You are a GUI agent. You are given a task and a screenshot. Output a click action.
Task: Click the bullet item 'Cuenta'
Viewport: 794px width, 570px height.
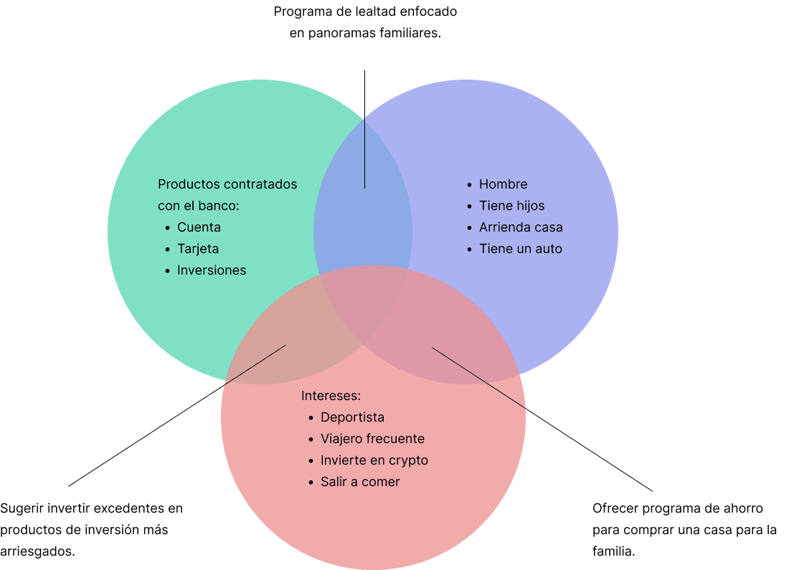199,227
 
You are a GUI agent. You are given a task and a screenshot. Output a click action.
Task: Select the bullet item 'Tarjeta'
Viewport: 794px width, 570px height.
198,249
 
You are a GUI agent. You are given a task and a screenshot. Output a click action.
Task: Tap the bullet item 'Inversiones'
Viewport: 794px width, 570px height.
212,270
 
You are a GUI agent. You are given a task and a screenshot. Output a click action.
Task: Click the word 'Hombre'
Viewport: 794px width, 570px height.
503,184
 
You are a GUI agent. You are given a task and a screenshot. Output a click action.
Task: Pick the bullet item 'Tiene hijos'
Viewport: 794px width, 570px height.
511,206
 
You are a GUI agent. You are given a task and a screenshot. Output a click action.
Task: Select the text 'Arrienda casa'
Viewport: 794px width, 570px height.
521,227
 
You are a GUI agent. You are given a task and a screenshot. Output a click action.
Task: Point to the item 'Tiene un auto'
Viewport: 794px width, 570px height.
520,249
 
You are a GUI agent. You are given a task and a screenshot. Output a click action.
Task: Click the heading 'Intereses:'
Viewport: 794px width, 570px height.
331,396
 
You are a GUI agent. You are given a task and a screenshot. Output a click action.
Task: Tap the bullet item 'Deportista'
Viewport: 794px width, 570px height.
352,417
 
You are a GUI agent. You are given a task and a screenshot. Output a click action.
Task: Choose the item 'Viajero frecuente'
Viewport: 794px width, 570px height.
372,439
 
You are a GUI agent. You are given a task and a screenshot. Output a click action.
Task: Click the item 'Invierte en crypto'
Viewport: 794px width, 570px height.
374,460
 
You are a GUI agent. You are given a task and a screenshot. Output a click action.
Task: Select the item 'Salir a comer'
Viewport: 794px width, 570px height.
360,482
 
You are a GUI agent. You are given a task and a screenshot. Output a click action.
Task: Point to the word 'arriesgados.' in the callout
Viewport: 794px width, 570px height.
37,552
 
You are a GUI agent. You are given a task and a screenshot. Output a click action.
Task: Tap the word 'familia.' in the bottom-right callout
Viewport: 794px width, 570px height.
613,552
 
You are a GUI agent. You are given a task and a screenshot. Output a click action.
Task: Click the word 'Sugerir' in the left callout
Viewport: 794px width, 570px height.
22,509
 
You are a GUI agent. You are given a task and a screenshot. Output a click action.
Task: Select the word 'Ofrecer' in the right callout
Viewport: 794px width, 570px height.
615,509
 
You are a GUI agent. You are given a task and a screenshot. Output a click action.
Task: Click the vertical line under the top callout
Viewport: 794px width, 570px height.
364,129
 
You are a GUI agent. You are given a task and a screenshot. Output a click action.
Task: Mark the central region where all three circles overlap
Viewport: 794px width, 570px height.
366,301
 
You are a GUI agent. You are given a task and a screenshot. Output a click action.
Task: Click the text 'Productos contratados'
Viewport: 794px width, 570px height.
227,184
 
